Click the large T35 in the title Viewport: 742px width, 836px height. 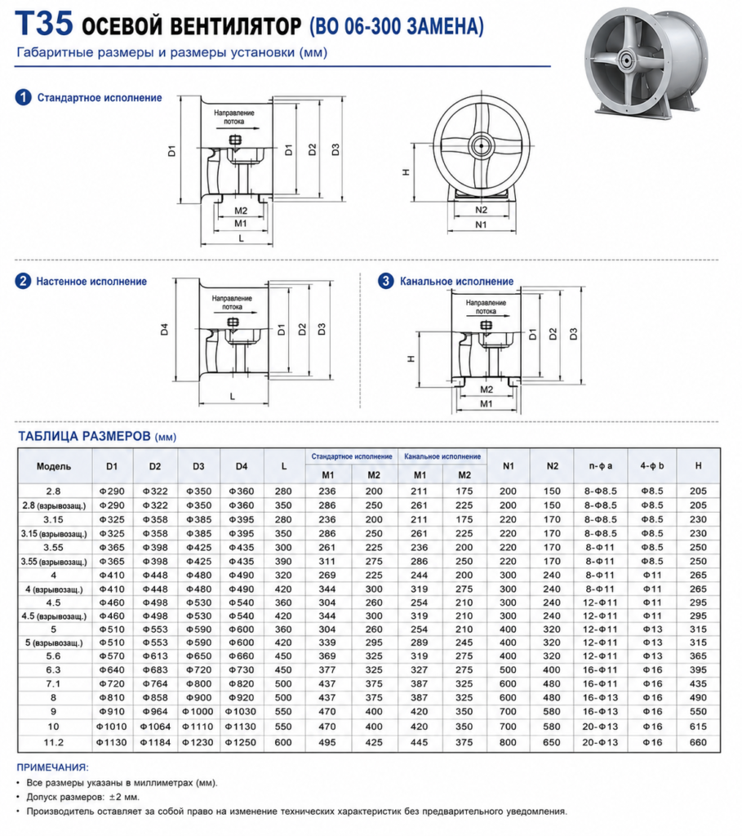point(45,24)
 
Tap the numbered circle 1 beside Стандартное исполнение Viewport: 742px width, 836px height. point(23,98)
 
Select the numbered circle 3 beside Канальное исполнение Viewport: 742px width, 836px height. point(385,281)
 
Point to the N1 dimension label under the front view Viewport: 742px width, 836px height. point(481,225)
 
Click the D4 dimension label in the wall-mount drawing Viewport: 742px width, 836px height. point(164,330)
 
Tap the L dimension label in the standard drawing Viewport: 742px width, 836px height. point(241,238)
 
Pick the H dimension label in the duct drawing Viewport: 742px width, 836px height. point(411,359)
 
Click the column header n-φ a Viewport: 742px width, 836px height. point(601,466)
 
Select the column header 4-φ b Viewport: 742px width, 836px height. point(652,466)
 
